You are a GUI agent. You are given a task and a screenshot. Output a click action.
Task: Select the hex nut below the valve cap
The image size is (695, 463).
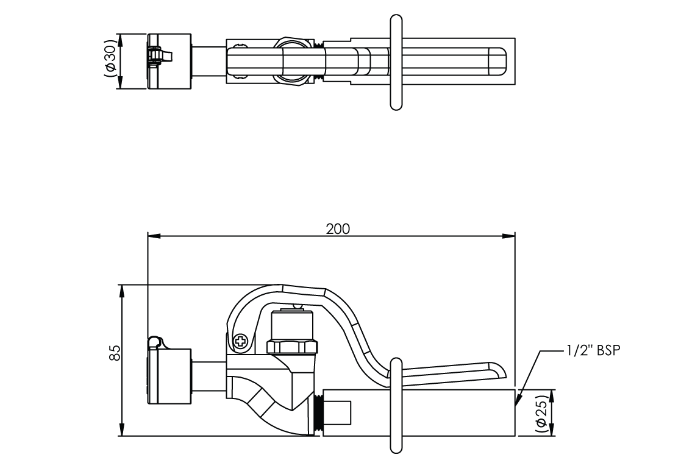(x=292, y=347)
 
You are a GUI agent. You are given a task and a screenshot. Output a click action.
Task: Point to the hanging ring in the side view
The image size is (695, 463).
(x=396, y=406)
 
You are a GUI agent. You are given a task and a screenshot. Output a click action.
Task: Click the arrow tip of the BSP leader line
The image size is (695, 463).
(x=516, y=404)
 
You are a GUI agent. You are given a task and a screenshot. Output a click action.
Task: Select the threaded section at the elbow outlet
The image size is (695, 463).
(x=317, y=414)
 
